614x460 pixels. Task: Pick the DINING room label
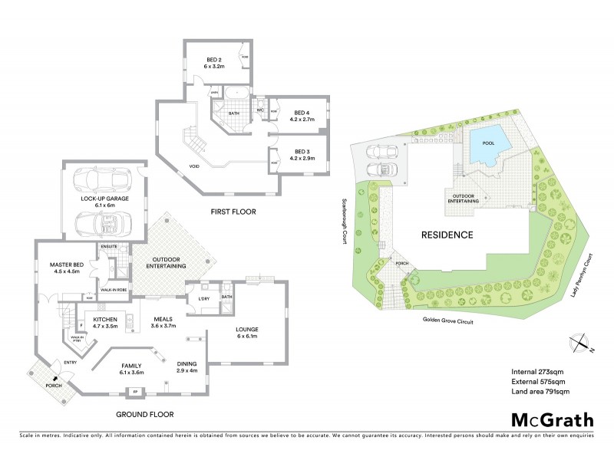click(x=187, y=367)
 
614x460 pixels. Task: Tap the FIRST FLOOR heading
click(x=233, y=211)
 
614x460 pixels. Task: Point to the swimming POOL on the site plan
click(x=488, y=143)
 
